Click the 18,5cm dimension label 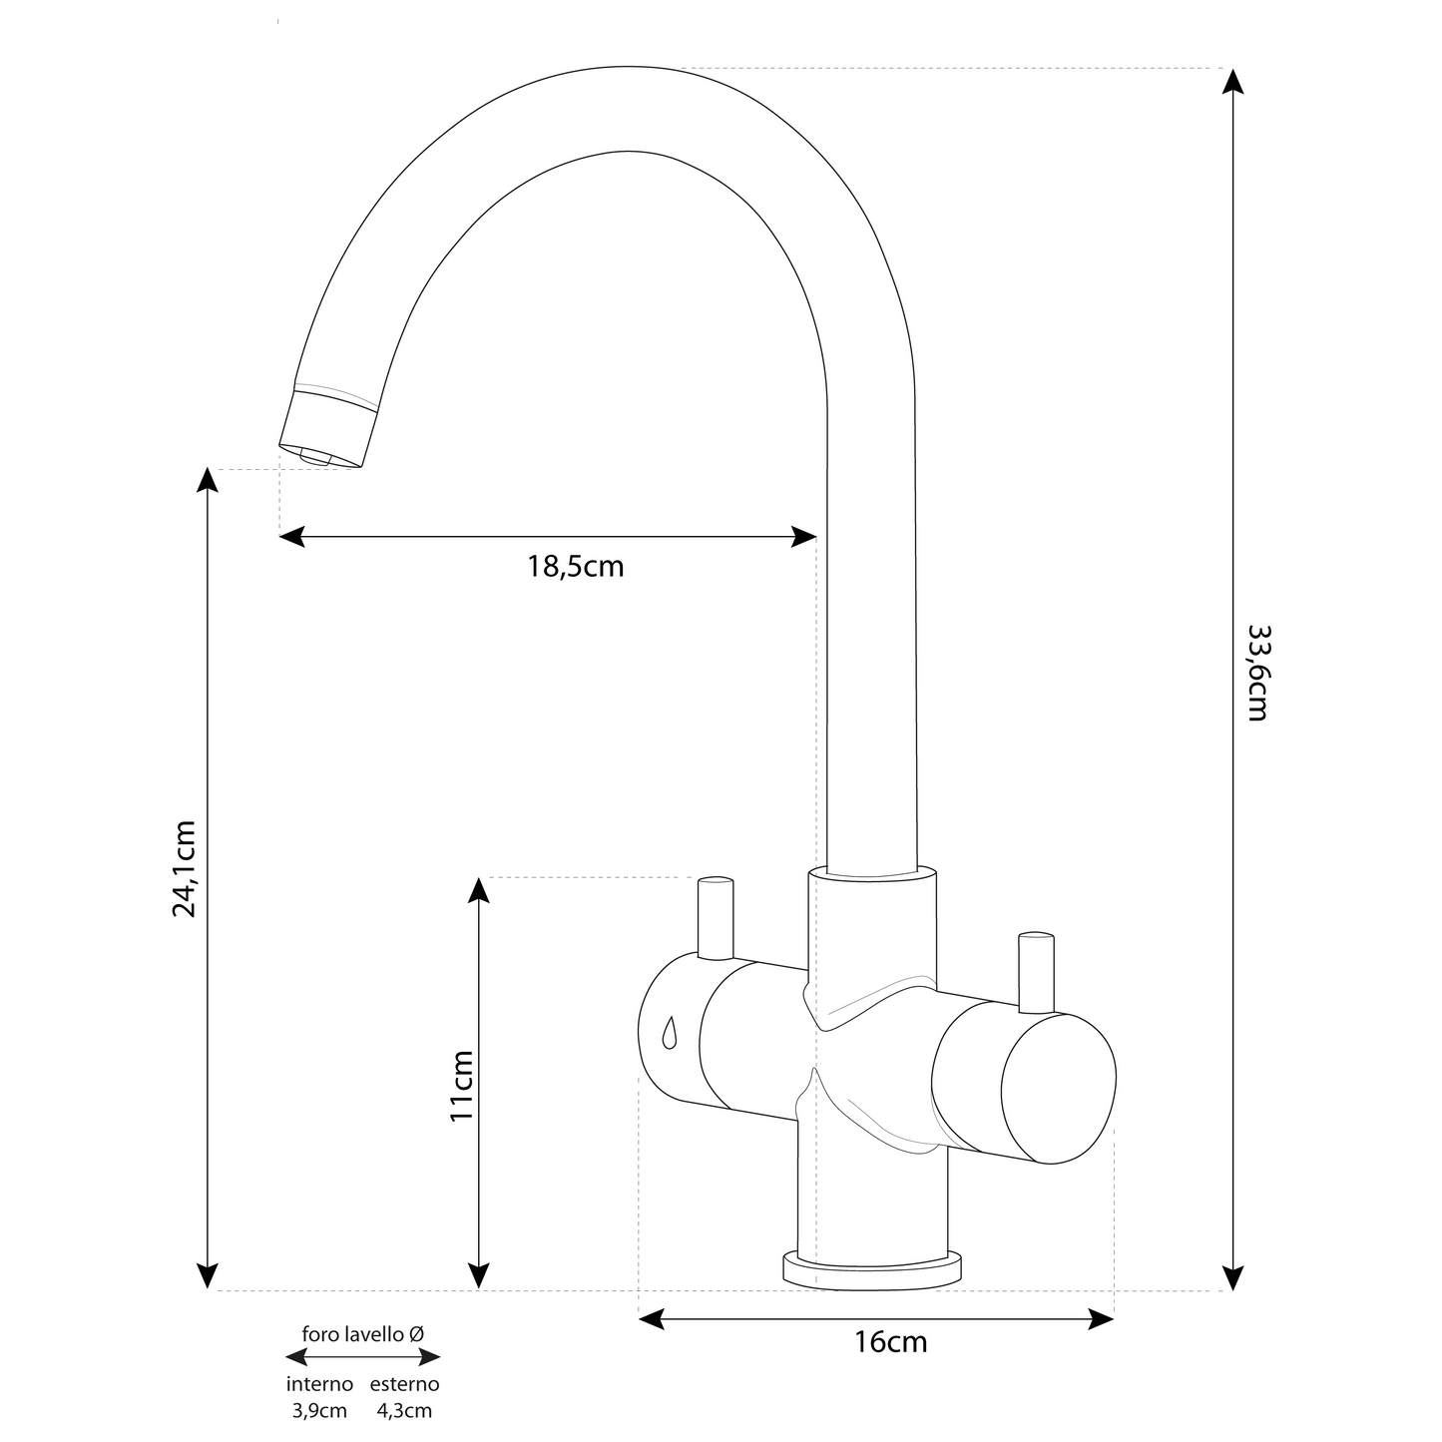(576, 567)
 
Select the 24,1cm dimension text (185, 868)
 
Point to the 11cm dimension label (461, 1085)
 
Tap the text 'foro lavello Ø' (363, 1334)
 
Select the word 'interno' (319, 1384)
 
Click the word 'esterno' (405, 1384)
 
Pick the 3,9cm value (319, 1411)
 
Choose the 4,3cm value (405, 1411)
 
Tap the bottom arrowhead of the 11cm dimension (480, 1276)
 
